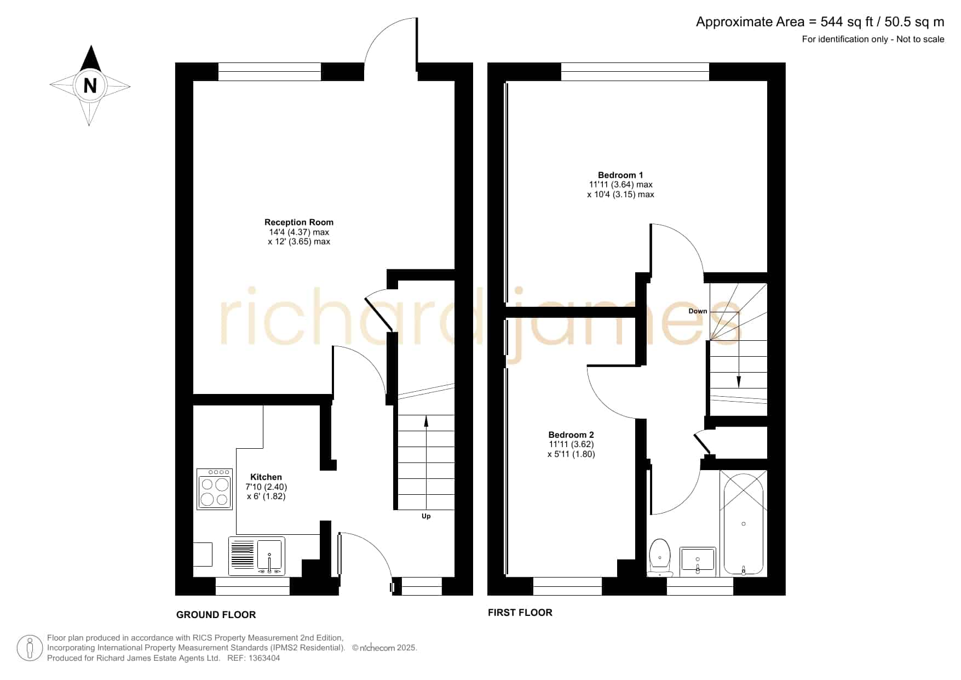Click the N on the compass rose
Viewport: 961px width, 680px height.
pos(90,86)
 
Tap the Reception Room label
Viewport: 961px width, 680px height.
pos(299,222)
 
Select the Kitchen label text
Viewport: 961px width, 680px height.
pos(266,477)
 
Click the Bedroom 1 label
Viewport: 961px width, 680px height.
pos(620,175)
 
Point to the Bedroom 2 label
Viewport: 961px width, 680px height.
pos(571,435)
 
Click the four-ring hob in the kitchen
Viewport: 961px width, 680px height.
pos(215,488)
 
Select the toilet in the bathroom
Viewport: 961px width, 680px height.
pos(660,557)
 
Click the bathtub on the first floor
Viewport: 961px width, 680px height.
pos(743,524)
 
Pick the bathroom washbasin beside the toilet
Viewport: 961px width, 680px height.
pos(698,562)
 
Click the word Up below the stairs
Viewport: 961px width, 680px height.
pos(426,516)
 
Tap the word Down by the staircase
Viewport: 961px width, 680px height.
pos(698,311)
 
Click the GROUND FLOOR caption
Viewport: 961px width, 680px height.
pos(216,615)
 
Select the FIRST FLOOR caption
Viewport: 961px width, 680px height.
pos(520,613)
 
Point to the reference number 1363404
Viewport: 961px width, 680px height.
pos(265,658)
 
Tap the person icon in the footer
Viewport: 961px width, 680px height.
pos(30,649)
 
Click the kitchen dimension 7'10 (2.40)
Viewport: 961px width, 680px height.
pos(266,487)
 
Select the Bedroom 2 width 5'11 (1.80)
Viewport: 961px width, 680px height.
pos(571,454)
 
